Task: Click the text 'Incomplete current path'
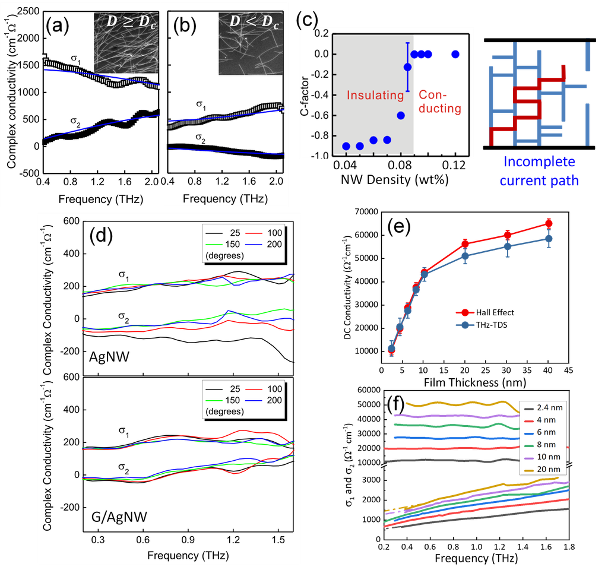pyautogui.click(x=539, y=172)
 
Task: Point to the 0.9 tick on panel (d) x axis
pyautogui.click(x=188, y=541)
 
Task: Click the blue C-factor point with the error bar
pyautogui.click(x=407, y=66)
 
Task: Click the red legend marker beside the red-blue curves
pyautogui.click(x=465, y=312)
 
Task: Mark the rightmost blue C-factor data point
pyautogui.click(x=455, y=54)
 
